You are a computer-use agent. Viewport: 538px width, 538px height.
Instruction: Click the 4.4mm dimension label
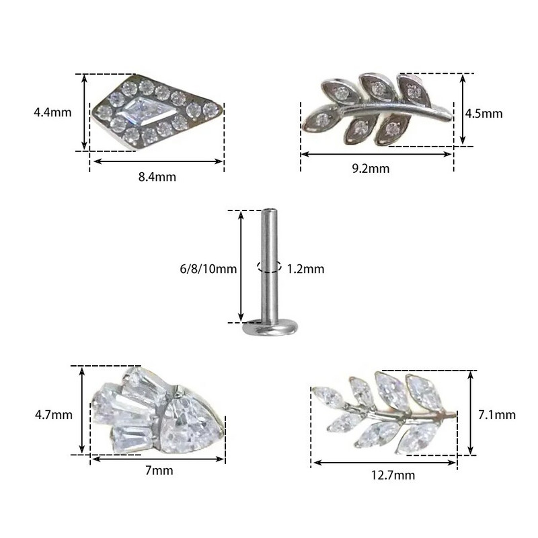point(52,112)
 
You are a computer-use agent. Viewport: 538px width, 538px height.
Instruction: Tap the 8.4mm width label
point(157,177)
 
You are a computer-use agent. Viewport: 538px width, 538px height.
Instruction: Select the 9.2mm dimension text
point(371,169)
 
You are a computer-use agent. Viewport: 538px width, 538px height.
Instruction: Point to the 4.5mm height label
point(484,114)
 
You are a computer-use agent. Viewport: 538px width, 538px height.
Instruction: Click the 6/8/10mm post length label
point(208,268)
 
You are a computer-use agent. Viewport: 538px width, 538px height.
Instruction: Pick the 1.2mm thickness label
point(305,268)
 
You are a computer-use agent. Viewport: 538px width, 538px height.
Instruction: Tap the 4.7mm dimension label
point(54,415)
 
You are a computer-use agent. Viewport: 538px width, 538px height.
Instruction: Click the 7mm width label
point(159,470)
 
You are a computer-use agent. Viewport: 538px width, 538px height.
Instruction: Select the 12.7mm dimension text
point(393,475)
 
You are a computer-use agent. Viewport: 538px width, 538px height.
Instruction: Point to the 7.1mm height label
point(497,415)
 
